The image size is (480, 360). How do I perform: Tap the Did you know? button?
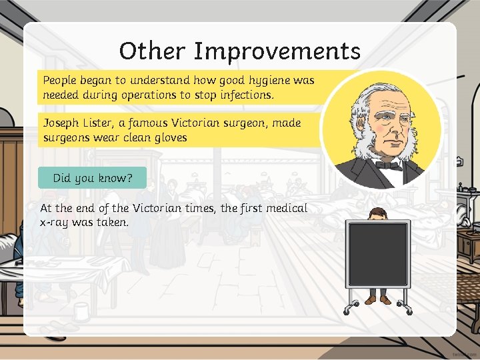(92, 178)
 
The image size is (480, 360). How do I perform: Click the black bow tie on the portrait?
(388, 164)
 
